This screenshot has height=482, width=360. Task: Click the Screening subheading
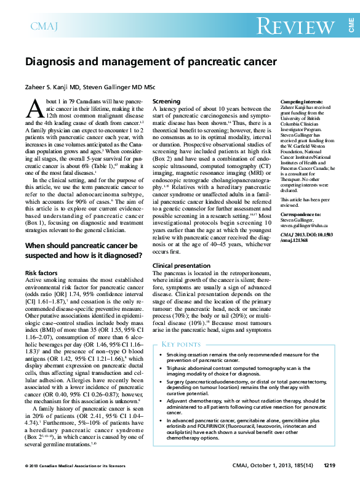coord(166,101)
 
